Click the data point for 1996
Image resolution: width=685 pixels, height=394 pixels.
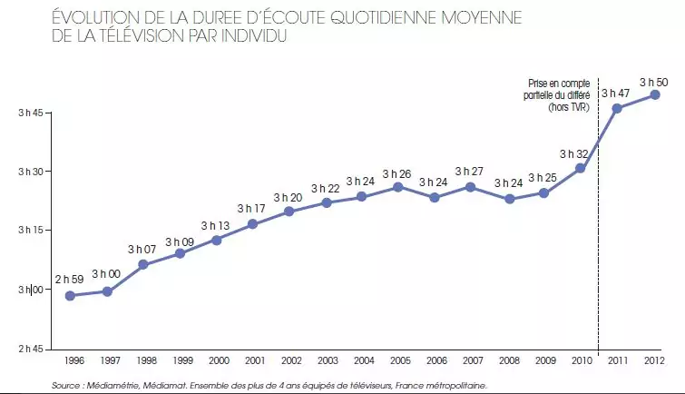point(70,296)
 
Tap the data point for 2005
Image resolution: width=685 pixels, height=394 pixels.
point(397,187)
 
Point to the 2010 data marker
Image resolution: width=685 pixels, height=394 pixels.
point(580,168)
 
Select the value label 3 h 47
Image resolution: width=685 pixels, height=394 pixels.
point(617,94)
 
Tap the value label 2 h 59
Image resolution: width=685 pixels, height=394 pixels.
point(70,279)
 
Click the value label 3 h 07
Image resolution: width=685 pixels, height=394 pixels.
point(142,249)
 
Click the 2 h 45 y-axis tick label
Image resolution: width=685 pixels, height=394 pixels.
point(33,349)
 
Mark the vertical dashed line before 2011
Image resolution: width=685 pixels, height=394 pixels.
point(598,227)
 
